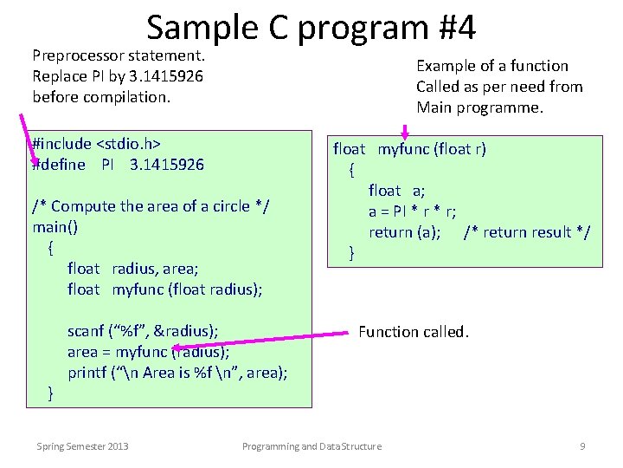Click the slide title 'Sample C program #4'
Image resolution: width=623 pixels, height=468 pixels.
click(311, 28)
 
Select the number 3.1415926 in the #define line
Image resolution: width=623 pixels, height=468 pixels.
click(166, 165)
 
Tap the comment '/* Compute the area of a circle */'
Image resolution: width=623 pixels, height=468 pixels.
click(151, 206)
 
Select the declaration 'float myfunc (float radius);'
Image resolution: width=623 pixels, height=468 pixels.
click(164, 289)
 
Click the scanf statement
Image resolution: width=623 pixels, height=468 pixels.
click(143, 331)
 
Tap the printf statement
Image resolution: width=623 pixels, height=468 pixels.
click(177, 373)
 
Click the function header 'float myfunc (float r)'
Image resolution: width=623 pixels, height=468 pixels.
click(409, 149)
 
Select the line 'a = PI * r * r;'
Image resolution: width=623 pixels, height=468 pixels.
click(413, 211)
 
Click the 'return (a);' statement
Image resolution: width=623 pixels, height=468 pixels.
click(405, 232)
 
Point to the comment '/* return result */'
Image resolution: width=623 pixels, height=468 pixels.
click(527, 232)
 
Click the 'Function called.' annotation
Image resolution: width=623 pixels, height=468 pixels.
click(413, 331)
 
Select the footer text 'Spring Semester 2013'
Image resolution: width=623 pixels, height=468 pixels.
click(82, 446)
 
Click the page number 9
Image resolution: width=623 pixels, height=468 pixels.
click(582, 446)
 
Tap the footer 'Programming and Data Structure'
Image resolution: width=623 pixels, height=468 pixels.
click(311, 446)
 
